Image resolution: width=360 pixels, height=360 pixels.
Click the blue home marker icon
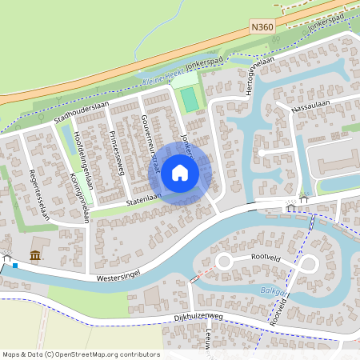click(x=180, y=172)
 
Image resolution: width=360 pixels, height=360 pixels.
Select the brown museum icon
click(x=35, y=254)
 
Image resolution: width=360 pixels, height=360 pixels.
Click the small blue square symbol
click(x=15, y=265)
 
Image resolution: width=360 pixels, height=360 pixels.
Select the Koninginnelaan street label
click(x=78, y=196)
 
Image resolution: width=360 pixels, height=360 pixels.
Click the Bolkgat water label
click(x=273, y=293)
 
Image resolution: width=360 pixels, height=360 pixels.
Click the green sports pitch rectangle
click(x=190, y=100)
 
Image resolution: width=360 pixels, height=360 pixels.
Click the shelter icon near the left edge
click(x=7, y=258)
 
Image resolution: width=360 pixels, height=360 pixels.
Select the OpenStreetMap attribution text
click(x=81, y=354)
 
